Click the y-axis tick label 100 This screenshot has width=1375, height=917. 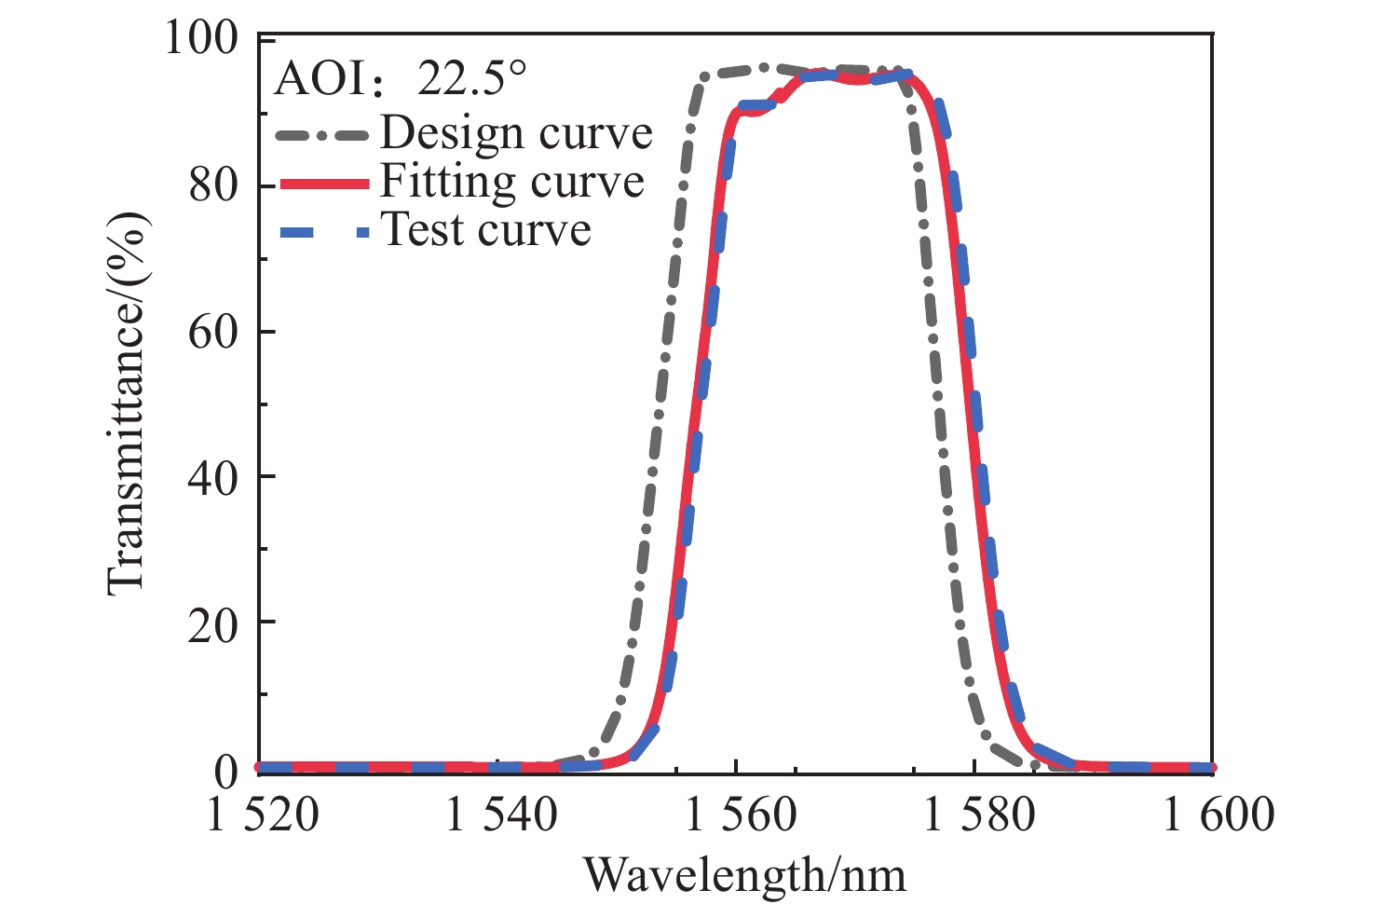pyautogui.click(x=201, y=39)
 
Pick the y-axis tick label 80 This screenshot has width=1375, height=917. pyautogui.click(x=213, y=185)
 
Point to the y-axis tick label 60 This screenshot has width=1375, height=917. pyautogui.click(x=213, y=332)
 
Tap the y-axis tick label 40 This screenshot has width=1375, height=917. pyautogui.click(x=213, y=477)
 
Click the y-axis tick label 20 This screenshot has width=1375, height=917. pyautogui.click(x=213, y=623)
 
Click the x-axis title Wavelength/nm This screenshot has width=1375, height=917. pyautogui.click(x=744, y=875)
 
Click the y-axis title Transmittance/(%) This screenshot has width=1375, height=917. pyautogui.click(x=129, y=404)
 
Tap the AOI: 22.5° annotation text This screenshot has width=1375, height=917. pyautogui.click(x=401, y=81)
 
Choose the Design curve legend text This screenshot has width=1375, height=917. pyautogui.click(x=516, y=133)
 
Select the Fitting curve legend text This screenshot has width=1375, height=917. pyautogui.click(x=511, y=182)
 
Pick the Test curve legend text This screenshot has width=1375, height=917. pyautogui.click(x=486, y=229)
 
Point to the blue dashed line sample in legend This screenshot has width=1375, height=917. pyautogui.click(x=325, y=230)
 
